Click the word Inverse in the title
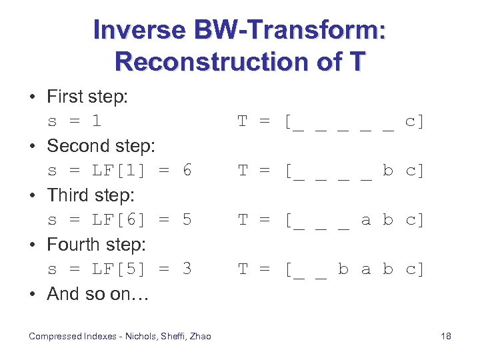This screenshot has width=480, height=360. pyautogui.click(x=135, y=30)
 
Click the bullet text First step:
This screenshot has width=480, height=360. pyautogui.click(x=87, y=97)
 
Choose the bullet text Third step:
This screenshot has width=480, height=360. pyautogui.click(x=91, y=195)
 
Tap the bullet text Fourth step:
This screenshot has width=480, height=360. pyautogui.click(x=96, y=245)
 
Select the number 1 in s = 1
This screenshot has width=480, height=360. pyautogui.click(x=97, y=122)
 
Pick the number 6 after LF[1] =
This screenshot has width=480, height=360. pyautogui.click(x=187, y=171)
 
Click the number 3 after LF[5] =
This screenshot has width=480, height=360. pyautogui.click(x=187, y=269)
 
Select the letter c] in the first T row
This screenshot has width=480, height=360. pyautogui.click(x=414, y=122)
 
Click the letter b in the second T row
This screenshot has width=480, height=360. pyautogui.click(x=388, y=171)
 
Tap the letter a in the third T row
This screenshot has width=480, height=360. pyautogui.click(x=365, y=220)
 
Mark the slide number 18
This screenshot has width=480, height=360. pyautogui.click(x=446, y=336)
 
